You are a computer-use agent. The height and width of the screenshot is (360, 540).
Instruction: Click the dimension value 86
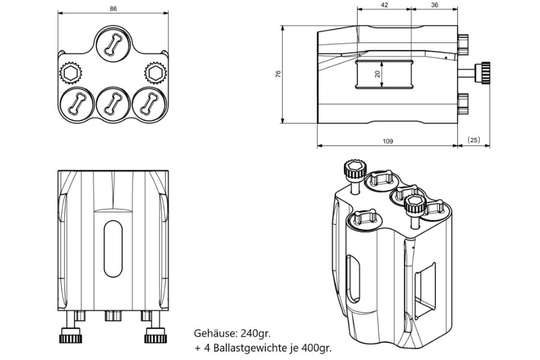coord(113,9)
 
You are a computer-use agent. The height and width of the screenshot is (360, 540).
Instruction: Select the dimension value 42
coord(384,5)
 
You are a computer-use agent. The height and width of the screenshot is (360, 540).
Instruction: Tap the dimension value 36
coord(434,5)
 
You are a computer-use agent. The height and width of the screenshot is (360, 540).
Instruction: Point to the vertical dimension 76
coord(278,74)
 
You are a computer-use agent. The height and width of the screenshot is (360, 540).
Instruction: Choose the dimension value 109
coord(387,142)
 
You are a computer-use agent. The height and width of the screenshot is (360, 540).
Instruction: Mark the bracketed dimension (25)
coord(473,140)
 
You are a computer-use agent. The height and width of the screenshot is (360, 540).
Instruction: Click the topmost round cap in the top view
coord(112,43)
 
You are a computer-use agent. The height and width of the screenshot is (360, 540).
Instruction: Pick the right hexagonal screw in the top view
coord(154,73)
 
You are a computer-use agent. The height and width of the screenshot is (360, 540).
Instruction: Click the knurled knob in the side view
coord(483,73)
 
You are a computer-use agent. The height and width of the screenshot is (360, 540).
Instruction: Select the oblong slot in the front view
coord(112,246)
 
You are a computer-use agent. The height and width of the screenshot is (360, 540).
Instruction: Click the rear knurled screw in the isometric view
coord(353,168)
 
